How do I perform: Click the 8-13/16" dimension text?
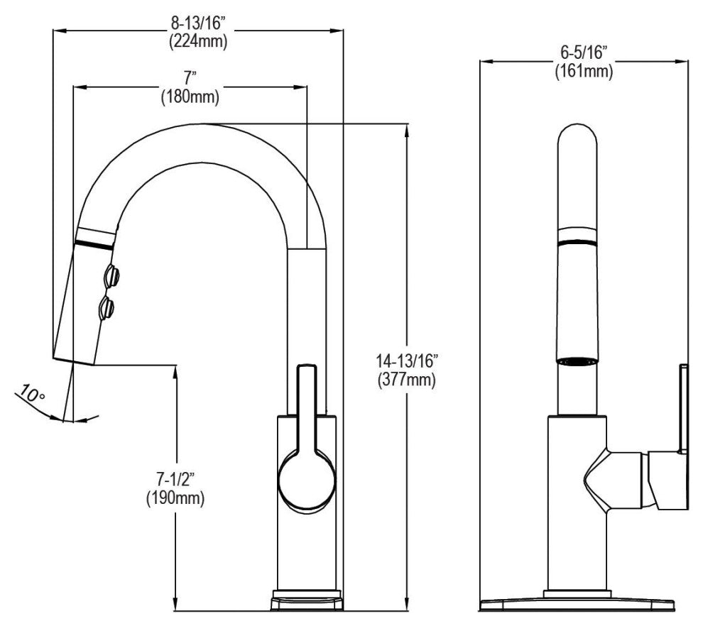pyautogui.click(x=198, y=22)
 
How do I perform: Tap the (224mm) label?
pyautogui.click(x=198, y=40)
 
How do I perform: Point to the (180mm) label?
pyautogui.click(x=190, y=97)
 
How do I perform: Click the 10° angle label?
pyautogui.click(x=31, y=392)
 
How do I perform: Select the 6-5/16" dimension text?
pyautogui.click(x=584, y=52)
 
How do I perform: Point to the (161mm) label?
pyautogui.click(x=584, y=70)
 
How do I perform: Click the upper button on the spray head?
pyautogui.click(x=111, y=275)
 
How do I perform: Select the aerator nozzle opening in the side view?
pyautogui.click(x=577, y=361)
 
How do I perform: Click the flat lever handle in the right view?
pyautogui.click(x=683, y=408)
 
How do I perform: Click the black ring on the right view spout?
pyautogui.click(x=577, y=243)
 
